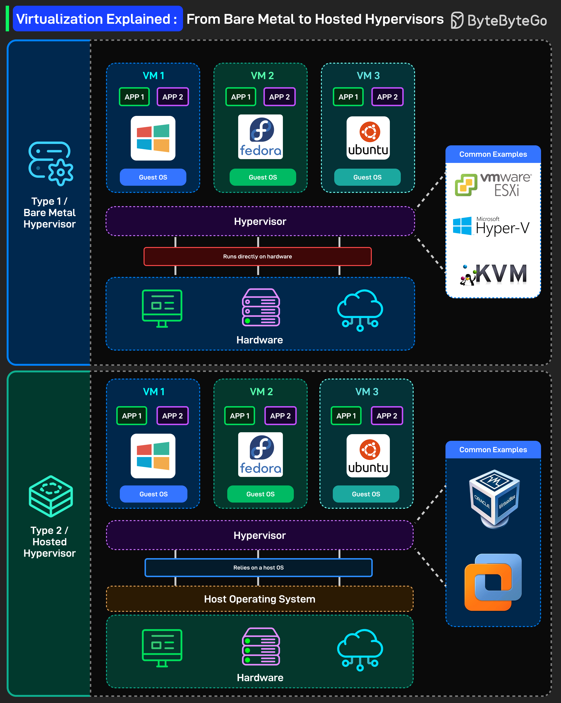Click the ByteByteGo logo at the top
click(499, 20)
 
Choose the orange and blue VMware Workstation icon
click(493, 582)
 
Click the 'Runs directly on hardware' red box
click(257, 256)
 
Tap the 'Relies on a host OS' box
click(258, 568)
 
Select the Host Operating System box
click(259, 599)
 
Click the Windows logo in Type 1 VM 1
click(153, 138)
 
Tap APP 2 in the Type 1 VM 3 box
click(387, 97)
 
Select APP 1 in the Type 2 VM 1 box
click(132, 416)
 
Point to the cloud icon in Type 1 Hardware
click(360, 310)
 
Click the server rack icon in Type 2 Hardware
click(261, 646)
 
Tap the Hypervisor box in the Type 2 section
click(259, 535)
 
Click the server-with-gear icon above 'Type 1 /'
click(51, 163)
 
